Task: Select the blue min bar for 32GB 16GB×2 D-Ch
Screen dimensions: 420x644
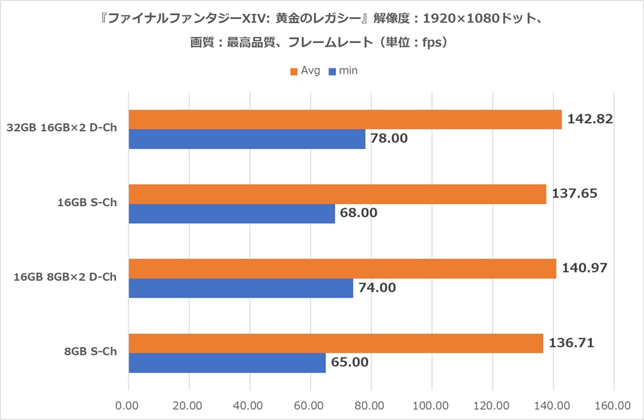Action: point(246,139)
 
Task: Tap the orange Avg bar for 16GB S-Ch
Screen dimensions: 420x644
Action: point(336,194)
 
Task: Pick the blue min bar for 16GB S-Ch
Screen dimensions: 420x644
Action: point(231,213)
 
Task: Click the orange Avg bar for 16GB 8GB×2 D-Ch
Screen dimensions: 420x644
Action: point(342,269)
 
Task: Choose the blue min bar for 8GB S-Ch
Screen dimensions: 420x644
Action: point(227,363)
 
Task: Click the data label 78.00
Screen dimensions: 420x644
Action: point(389,139)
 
